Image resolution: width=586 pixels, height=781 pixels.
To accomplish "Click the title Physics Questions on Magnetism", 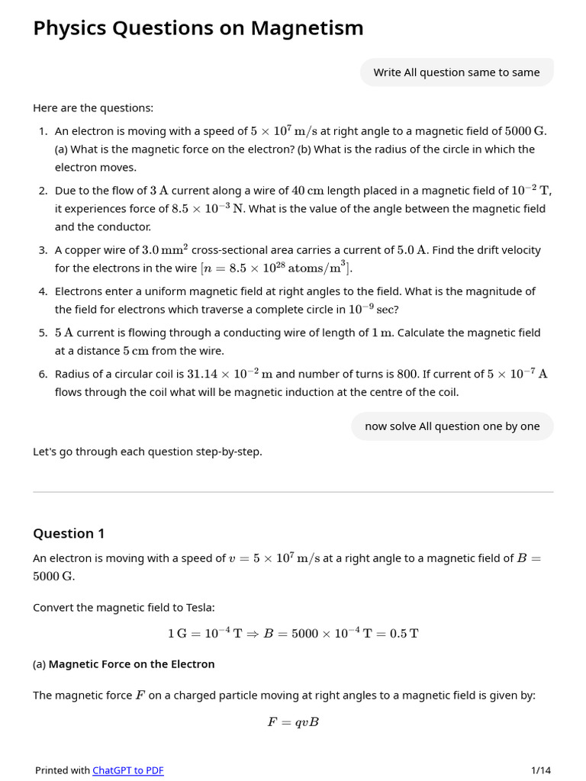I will click(198, 28).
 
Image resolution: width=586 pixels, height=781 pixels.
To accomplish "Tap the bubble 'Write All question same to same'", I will click(456, 72).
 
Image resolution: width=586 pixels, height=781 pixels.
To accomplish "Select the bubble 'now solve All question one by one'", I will click(452, 426).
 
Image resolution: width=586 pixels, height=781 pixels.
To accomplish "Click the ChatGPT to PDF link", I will click(128, 770).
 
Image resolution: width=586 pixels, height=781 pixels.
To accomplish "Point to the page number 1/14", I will click(540, 770).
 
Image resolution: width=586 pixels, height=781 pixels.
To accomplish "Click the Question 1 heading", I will click(69, 533).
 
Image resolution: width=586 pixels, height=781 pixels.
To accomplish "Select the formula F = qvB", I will click(293, 722).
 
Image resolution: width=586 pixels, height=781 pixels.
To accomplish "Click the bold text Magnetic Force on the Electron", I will click(131, 664).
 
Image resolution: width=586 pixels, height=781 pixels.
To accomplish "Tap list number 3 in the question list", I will click(43, 250).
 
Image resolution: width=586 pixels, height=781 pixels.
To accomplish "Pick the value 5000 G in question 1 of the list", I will click(525, 131).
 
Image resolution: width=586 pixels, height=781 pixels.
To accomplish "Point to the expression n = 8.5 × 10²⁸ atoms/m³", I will click(275, 268).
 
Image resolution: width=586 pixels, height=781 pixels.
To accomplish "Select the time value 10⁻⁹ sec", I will click(373, 310).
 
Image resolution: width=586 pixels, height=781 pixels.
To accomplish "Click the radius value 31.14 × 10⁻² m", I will click(230, 374).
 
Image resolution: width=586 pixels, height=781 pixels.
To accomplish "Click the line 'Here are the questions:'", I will click(93, 108).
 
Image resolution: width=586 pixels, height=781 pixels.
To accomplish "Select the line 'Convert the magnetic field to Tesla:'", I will click(124, 608).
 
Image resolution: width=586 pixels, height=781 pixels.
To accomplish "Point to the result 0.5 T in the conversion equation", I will click(404, 634).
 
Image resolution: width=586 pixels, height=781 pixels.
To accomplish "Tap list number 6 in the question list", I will click(43, 374).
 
